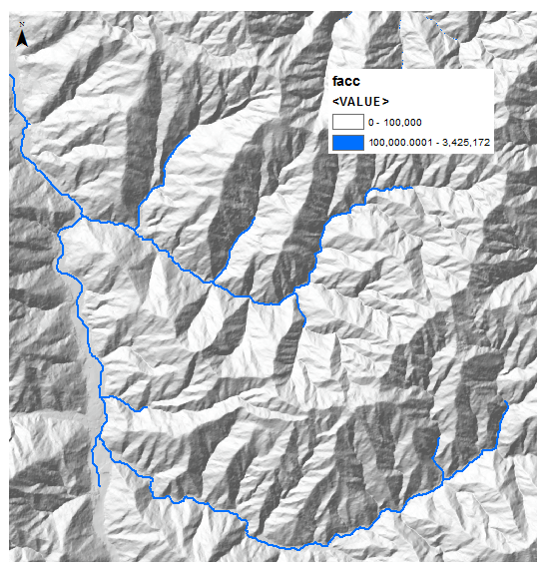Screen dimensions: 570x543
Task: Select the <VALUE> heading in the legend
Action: point(360,102)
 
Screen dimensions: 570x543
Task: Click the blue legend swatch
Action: point(346,144)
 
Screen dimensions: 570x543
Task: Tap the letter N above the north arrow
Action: point(22,30)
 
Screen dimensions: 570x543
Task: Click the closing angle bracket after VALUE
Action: point(385,102)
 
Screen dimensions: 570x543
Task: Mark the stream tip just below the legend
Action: point(409,187)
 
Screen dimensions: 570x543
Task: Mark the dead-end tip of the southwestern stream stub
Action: point(99,485)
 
